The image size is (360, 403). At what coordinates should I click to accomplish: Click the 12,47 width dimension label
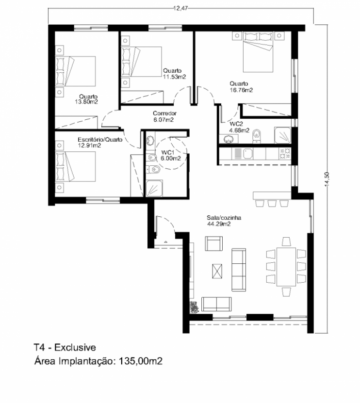pyautogui.click(x=180, y=8)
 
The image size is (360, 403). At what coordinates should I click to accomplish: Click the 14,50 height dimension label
pyautogui.click(x=327, y=178)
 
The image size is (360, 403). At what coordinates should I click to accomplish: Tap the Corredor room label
pyautogui.click(x=164, y=113)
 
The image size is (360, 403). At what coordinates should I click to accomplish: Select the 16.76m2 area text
pyautogui.click(x=241, y=90)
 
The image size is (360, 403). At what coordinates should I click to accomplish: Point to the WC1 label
pyautogui.click(x=168, y=152)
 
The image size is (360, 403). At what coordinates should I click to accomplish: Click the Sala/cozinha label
pyautogui.click(x=224, y=218)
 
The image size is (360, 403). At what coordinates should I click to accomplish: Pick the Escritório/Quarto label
pyautogui.click(x=100, y=140)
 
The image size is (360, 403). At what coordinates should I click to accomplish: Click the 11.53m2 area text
pyautogui.click(x=174, y=77)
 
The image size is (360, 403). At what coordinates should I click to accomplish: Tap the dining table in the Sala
pyautogui.click(x=286, y=267)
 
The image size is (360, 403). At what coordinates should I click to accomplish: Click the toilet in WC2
pyautogui.click(x=256, y=136)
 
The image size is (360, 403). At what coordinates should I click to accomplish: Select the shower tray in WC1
pyautogui.click(x=154, y=188)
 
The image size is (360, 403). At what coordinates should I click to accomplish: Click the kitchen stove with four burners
pyautogui.click(x=285, y=153)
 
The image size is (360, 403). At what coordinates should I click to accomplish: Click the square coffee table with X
pyautogui.click(x=217, y=271)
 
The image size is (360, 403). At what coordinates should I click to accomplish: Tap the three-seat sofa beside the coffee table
pyautogui.click(x=239, y=270)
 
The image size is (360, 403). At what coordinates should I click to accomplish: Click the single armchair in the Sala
pyautogui.click(x=213, y=243)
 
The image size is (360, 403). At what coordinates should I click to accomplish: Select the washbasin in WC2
pyautogui.click(x=229, y=139)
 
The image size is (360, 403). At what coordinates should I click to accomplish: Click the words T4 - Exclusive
pyautogui.click(x=65, y=348)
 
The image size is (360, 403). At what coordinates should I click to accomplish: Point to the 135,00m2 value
pyautogui.click(x=140, y=361)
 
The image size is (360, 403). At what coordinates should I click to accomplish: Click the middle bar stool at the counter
pyautogui.click(x=272, y=203)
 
